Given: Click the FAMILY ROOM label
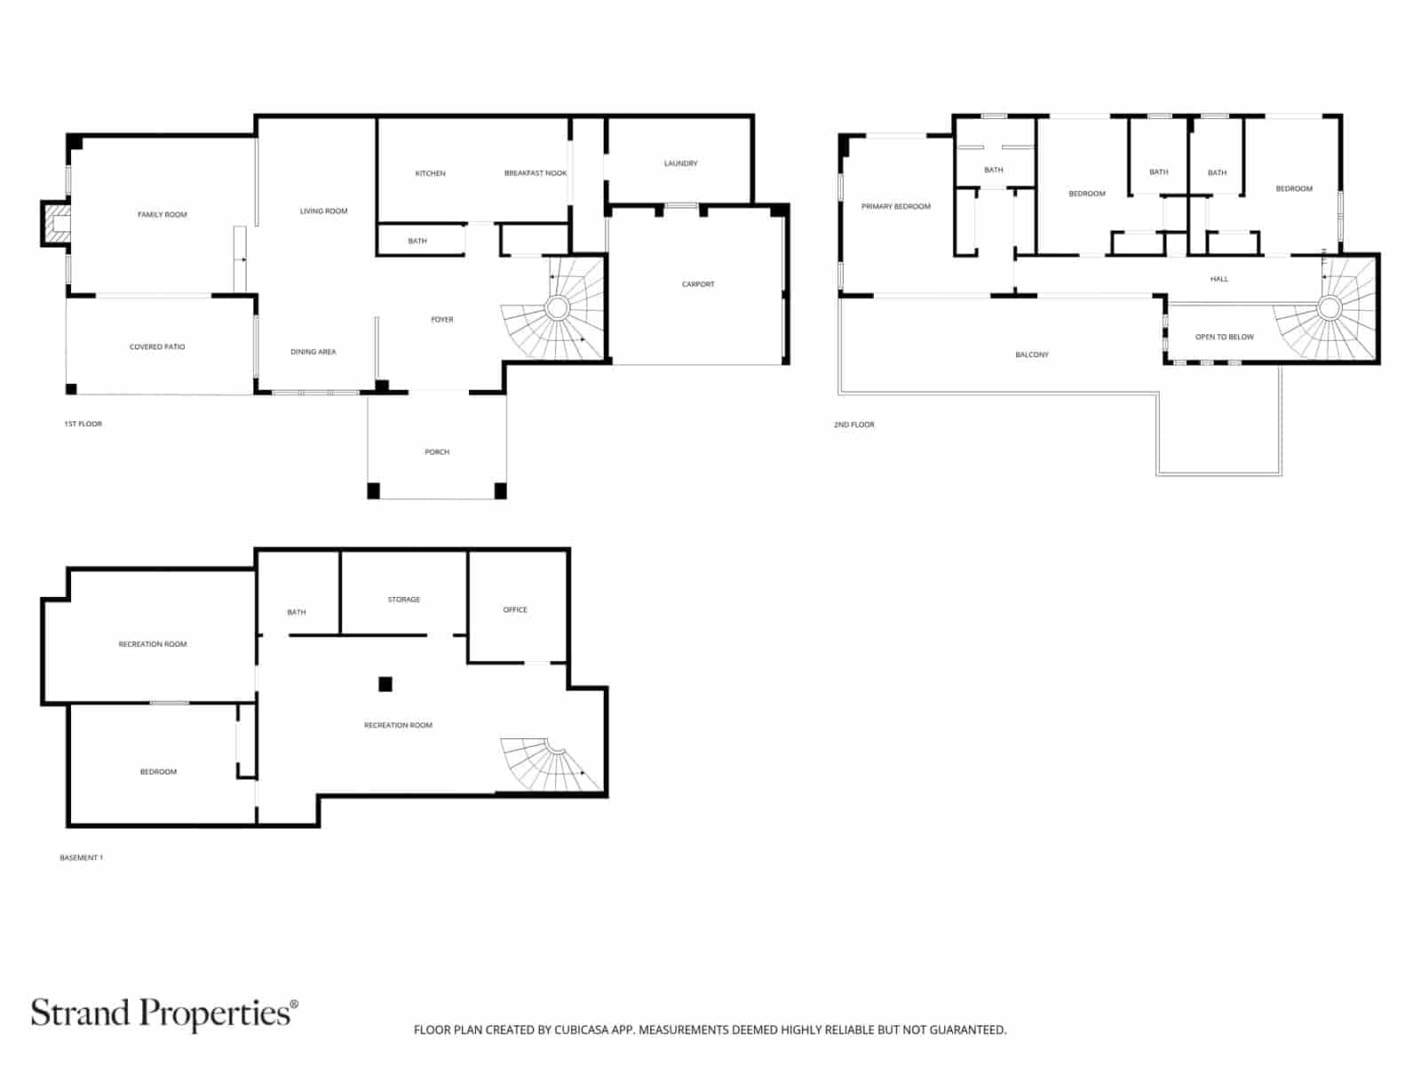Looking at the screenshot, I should point(163,214).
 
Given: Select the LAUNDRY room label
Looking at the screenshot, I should point(680,163).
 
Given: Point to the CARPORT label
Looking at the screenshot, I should point(698,284).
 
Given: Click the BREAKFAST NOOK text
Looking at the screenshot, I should point(536,173).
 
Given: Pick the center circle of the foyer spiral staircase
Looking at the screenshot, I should point(557,308).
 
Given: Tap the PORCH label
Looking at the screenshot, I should point(437,452).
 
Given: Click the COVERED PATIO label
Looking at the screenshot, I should point(157,346).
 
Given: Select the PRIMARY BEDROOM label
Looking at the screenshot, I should point(896,206).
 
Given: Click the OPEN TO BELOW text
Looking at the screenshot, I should point(1224,337).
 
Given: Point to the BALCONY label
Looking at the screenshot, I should point(1032,354).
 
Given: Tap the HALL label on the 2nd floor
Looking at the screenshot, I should point(1219,279).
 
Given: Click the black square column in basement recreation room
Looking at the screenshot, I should point(385,684).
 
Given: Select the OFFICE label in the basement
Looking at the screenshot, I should point(515,609).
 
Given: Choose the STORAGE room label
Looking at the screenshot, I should point(403,600).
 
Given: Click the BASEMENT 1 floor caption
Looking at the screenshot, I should point(82,858).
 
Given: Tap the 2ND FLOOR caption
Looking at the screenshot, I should point(854,425).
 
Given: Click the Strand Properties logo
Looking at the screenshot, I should point(164,1014).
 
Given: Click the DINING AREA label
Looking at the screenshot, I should point(314,352).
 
